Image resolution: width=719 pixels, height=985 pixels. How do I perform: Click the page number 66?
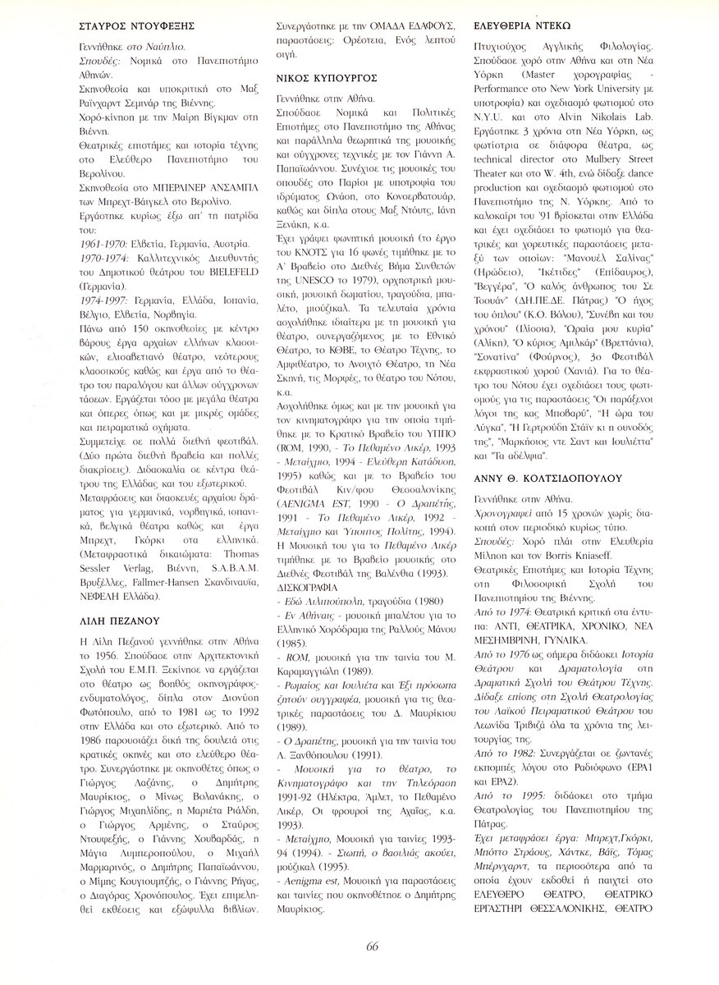373,946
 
